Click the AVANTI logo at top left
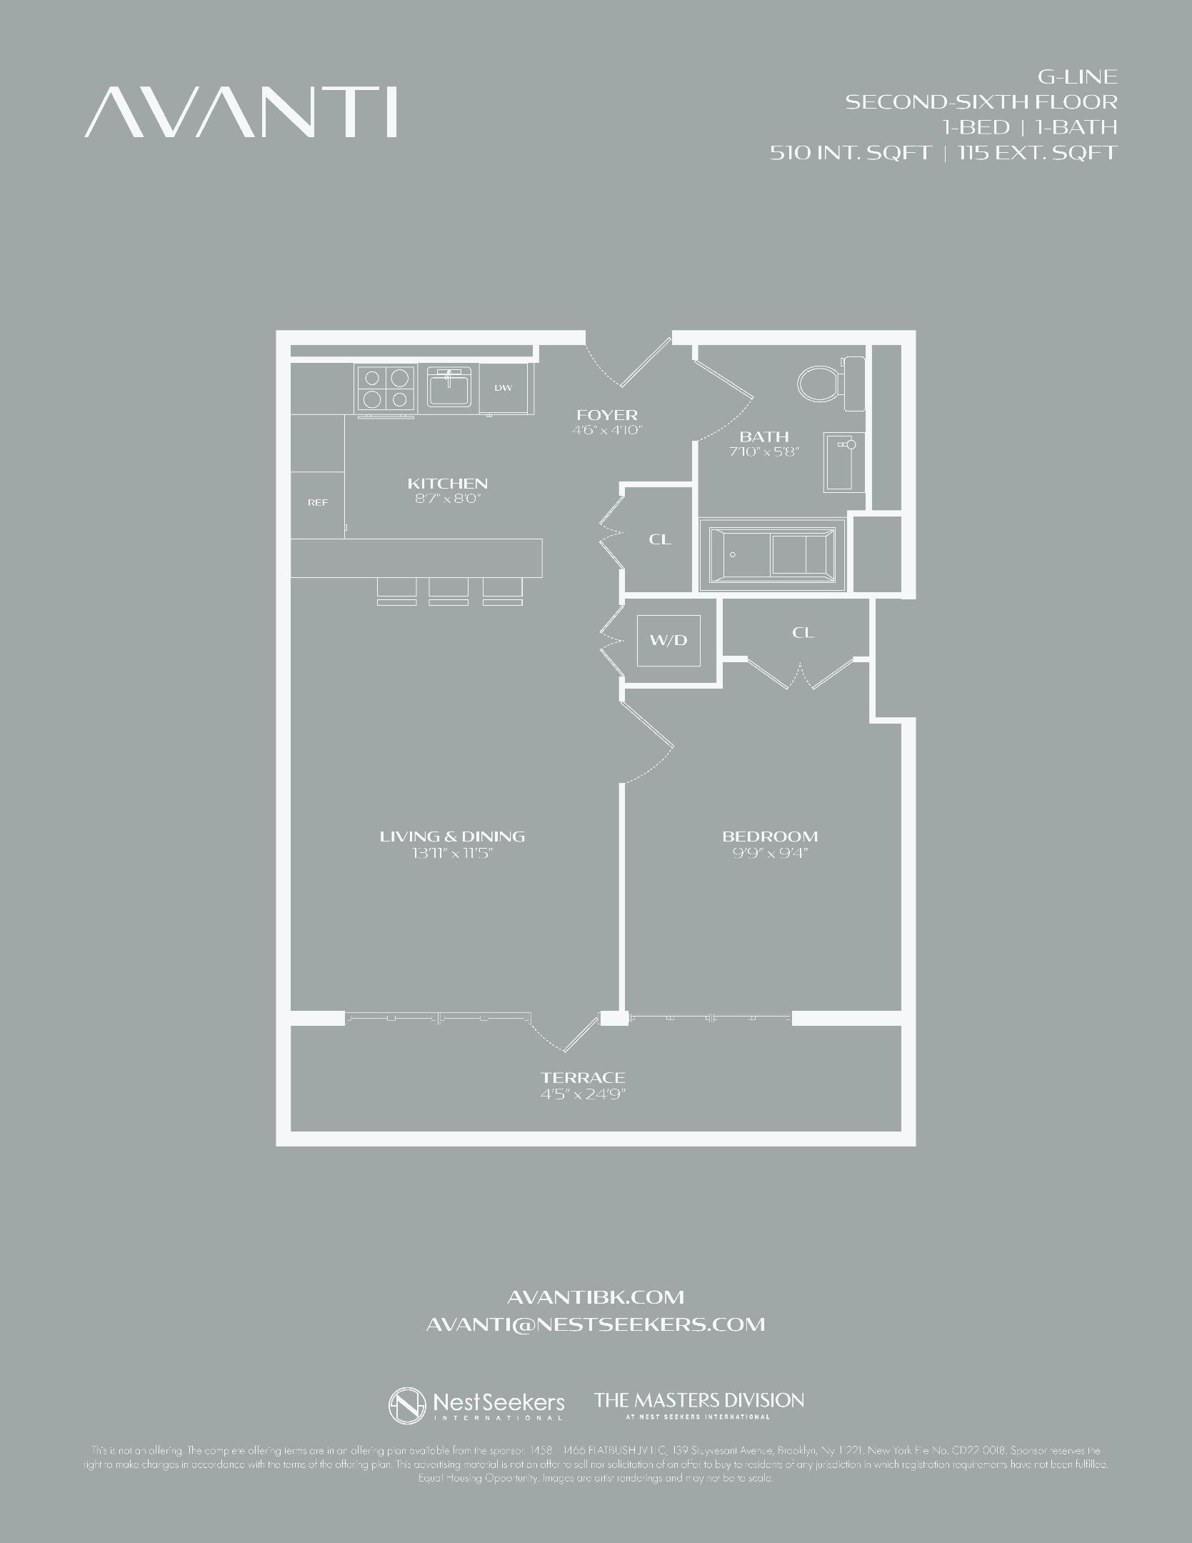click(x=241, y=112)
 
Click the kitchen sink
click(x=449, y=388)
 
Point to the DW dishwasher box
click(x=504, y=388)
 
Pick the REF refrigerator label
click(x=318, y=502)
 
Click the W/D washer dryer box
click(x=668, y=639)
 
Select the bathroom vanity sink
click(x=843, y=461)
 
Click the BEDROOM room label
click(x=770, y=836)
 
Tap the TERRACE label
click(x=583, y=1077)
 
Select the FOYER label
click(x=607, y=414)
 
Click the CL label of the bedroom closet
click(x=803, y=632)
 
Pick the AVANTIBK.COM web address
click(x=595, y=1297)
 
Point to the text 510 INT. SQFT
click(x=851, y=152)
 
